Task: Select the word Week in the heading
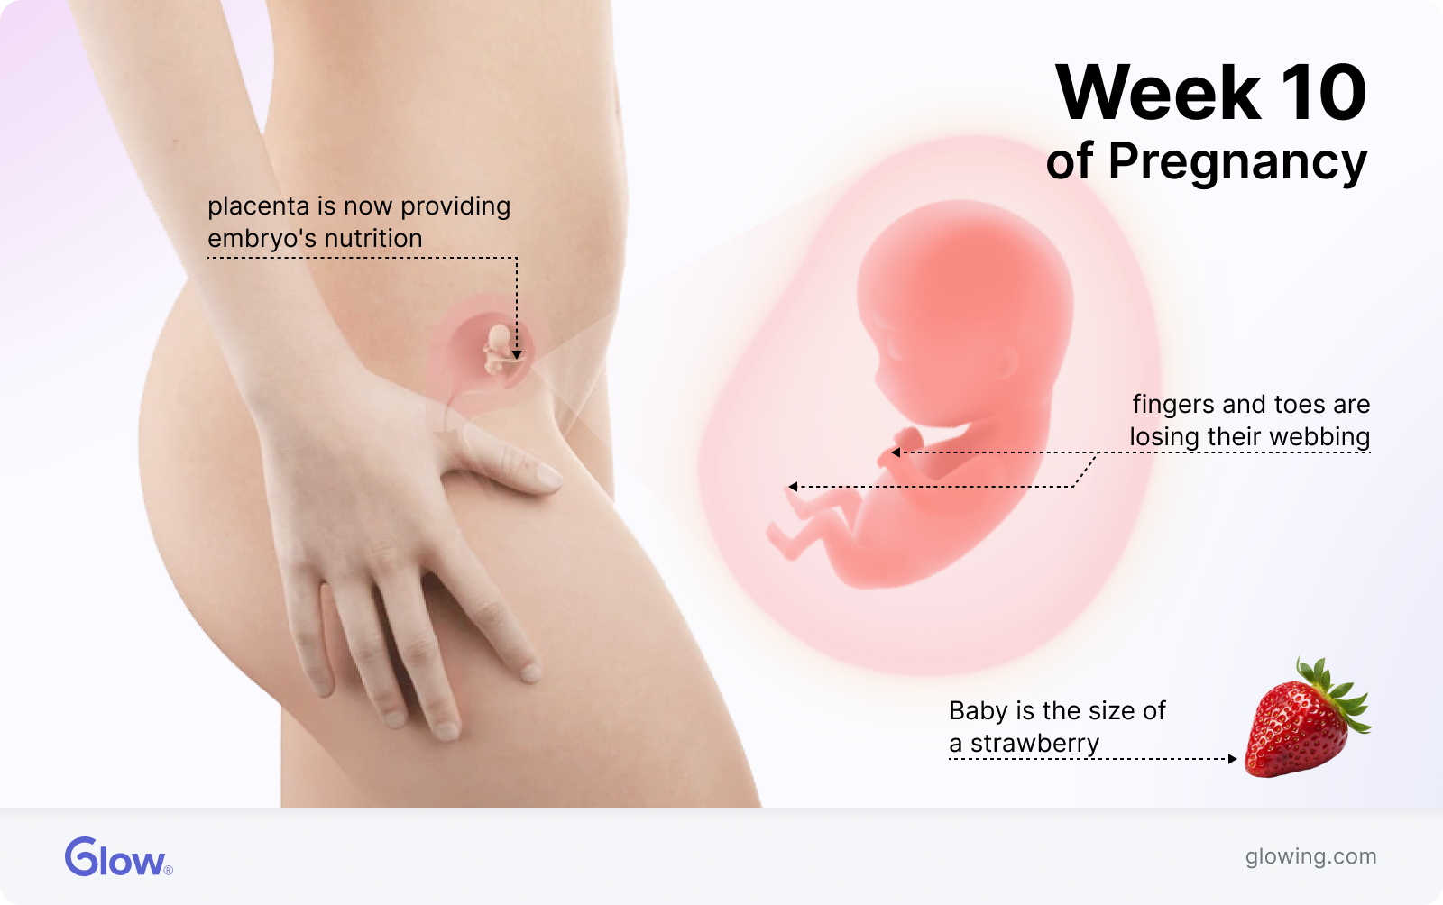(1158, 93)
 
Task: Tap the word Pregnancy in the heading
(1237, 162)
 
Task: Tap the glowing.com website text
(1310, 856)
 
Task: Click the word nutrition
(373, 239)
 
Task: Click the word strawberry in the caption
(1034, 744)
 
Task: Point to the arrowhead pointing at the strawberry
(1232, 759)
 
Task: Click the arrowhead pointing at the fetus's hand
(896, 452)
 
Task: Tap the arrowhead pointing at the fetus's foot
(793, 487)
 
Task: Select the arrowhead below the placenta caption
(517, 354)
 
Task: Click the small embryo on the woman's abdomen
(500, 351)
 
